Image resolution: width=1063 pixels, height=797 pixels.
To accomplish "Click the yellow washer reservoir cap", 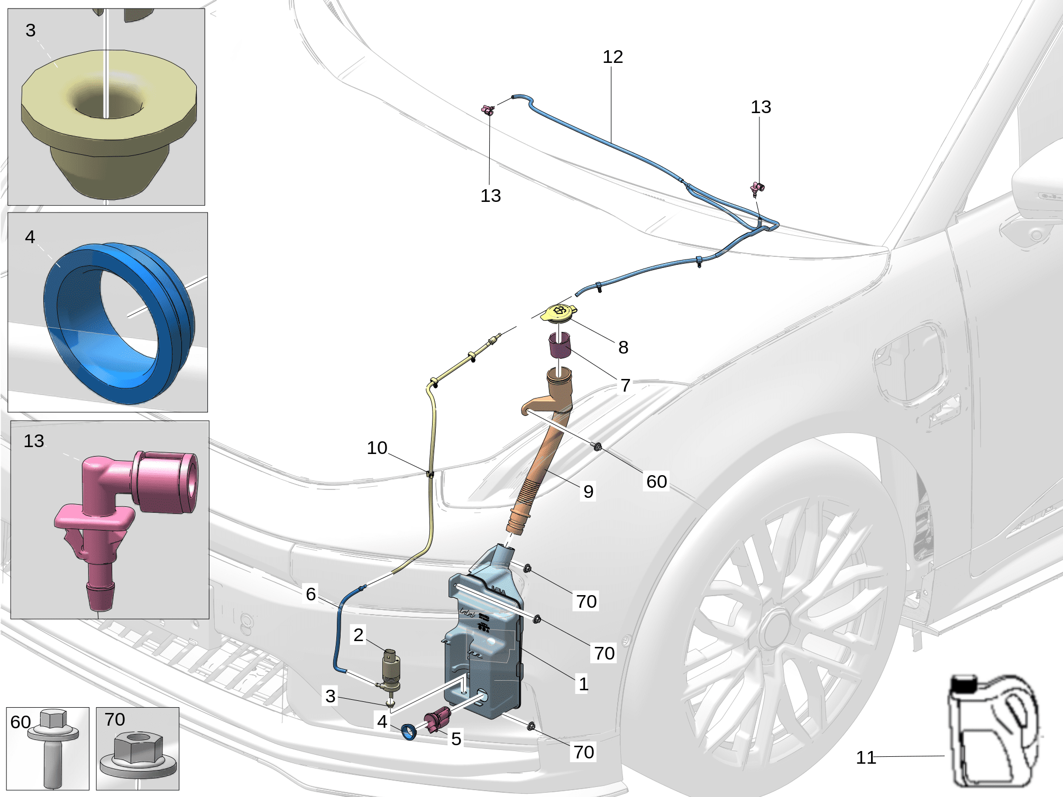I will (559, 313).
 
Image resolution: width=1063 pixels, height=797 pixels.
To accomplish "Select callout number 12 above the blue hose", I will (613, 57).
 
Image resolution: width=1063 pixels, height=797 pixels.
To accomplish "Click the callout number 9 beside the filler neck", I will (588, 492).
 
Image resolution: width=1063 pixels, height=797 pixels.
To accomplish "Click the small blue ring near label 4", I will (409, 732).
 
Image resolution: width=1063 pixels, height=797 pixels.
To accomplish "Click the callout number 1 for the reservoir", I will (583, 684).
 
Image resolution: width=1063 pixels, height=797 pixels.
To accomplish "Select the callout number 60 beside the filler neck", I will (656, 481).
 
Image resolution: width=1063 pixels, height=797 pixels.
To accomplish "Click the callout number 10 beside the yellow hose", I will (377, 448).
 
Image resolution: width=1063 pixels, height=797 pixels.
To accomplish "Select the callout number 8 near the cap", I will (624, 347).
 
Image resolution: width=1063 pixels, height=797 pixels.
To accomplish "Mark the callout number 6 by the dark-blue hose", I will (311, 594).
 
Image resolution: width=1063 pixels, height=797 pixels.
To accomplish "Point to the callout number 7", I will (625, 385).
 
